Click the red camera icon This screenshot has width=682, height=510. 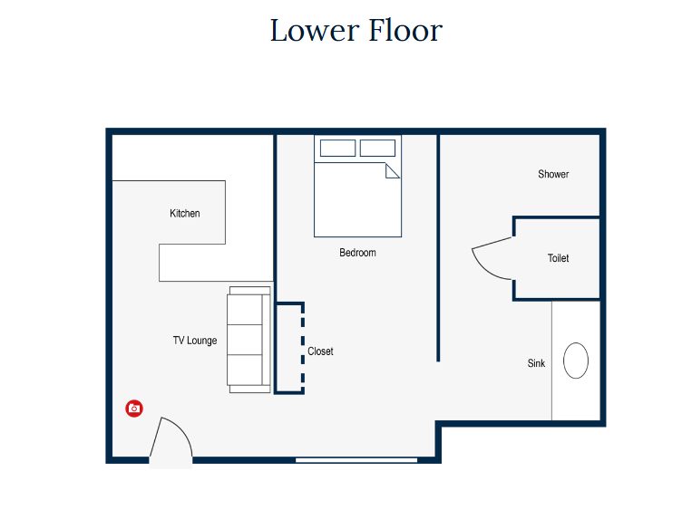point(134,409)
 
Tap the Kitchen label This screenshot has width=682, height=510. point(185,213)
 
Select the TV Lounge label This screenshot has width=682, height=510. point(195,340)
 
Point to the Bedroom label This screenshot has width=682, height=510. point(357,253)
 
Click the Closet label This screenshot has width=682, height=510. point(320,351)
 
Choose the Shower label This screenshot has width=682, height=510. point(553,174)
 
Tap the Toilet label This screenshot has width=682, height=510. point(558,258)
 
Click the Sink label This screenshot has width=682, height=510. point(536,363)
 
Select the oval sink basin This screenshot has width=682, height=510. point(576,361)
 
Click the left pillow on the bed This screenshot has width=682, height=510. point(338,149)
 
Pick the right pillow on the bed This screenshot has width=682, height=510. point(377,149)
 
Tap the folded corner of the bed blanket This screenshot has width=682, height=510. point(392,170)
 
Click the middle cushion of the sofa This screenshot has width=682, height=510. point(245,340)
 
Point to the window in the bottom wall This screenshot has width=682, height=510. point(356,459)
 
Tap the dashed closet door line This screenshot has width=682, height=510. point(303,349)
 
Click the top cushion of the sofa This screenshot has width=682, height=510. point(245,310)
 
